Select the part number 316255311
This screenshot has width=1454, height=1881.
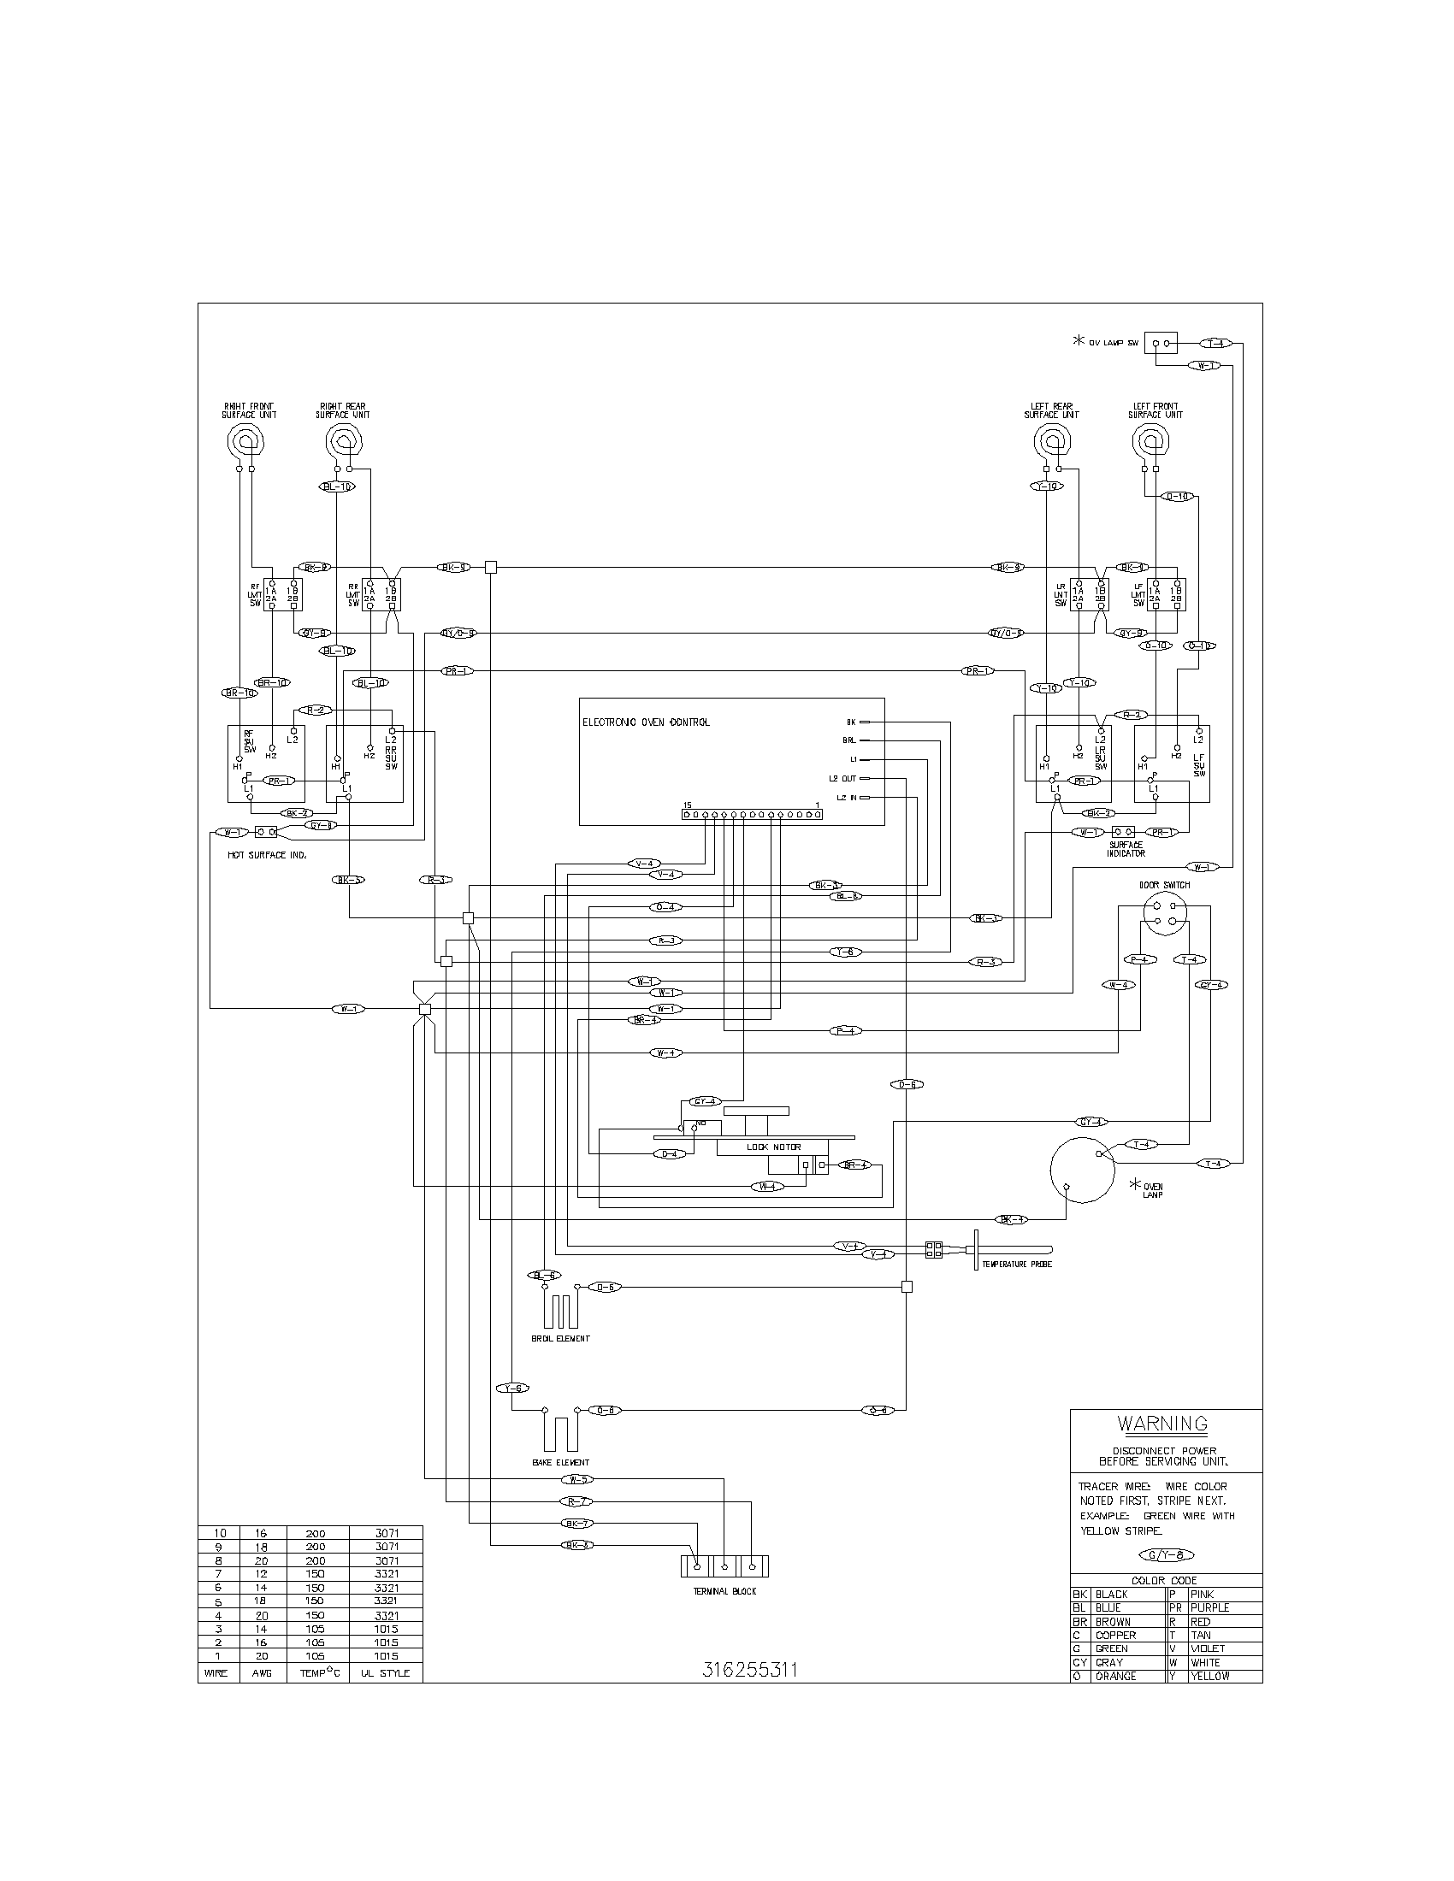tap(748, 1669)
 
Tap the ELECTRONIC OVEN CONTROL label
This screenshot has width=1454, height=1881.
tap(646, 722)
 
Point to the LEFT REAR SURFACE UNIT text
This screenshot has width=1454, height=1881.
tap(1051, 410)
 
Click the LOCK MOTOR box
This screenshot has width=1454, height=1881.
tap(772, 1147)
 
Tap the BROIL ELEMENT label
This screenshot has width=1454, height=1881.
tap(560, 1338)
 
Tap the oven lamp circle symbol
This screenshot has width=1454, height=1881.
tap(1082, 1169)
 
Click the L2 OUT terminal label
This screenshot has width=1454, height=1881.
tap(842, 779)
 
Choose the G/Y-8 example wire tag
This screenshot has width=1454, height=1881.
tap(1166, 1554)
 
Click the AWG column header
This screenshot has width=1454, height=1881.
tap(261, 1672)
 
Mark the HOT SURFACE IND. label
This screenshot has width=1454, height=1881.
tap(267, 855)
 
